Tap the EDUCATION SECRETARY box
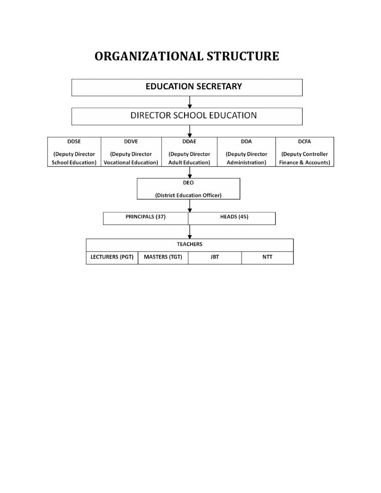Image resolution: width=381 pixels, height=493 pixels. click(187, 87)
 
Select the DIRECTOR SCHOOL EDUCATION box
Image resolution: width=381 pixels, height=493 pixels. click(187, 116)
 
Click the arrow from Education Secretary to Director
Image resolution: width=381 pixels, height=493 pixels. click(190, 102)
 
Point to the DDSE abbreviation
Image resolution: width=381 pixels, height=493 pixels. click(74, 142)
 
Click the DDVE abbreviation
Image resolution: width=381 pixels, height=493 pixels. click(131, 142)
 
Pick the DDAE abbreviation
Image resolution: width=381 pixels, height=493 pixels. click(189, 142)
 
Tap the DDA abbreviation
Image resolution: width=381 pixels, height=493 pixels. click(246, 142)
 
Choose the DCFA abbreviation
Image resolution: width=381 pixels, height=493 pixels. click(305, 142)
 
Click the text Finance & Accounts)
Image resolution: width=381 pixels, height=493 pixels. click(305, 162)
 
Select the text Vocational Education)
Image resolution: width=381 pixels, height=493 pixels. click(131, 162)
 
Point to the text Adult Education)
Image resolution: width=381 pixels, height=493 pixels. click(189, 162)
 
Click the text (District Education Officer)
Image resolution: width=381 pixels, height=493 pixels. click(189, 195)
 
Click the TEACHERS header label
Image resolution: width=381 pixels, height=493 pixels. click(190, 245)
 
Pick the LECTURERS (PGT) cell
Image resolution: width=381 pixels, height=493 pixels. click(112, 257)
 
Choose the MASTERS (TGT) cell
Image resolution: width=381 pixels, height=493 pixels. click(163, 257)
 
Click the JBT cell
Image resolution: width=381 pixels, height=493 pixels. click(215, 257)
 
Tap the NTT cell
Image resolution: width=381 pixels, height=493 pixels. click(267, 257)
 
